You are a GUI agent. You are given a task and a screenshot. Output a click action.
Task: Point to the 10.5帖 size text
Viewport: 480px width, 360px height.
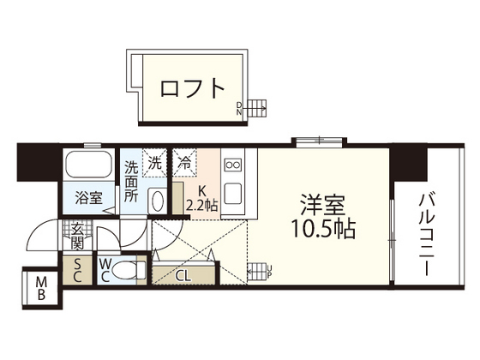click(x=322, y=230)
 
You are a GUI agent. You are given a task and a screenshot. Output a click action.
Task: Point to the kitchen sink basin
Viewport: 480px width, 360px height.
click(x=232, y=192)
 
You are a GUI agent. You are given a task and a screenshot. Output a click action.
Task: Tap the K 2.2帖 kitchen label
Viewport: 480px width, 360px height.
click(x=201, y=200)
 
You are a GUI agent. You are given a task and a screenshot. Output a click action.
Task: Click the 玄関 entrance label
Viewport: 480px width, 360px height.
click(x=77, y=235)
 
